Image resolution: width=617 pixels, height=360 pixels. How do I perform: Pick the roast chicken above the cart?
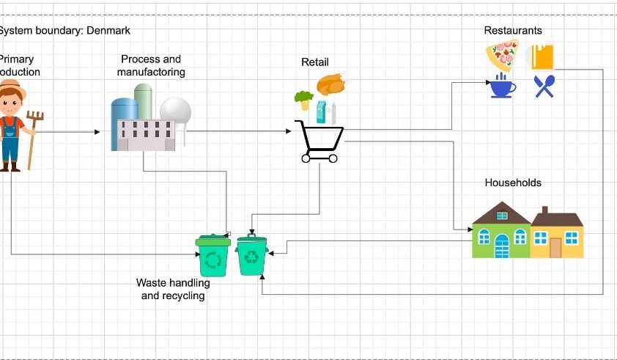(x=330, y=84)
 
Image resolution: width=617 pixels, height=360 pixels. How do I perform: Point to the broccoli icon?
(x=303, y=99)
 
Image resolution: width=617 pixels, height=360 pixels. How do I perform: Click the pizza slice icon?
(x=503, y=55)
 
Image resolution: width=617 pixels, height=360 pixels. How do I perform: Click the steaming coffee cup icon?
(x=503, y=86)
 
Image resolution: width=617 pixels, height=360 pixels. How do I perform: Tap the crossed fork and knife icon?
(x=544, y=87)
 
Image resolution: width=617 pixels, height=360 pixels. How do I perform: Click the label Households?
(x=513, y=182)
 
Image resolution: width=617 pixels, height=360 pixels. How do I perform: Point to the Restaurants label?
(x=513, y=30)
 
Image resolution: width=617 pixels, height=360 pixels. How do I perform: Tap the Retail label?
(x=315, y=62)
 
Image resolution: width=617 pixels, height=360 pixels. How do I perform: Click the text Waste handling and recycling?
(x=173, y=289)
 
